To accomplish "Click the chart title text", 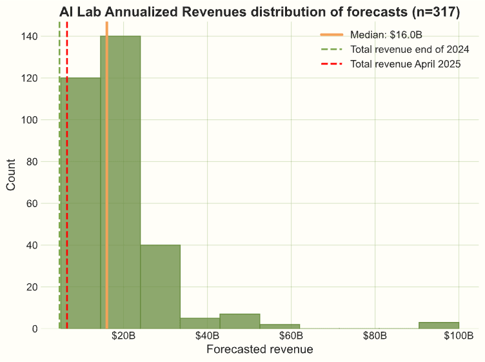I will click(x=259, y=12).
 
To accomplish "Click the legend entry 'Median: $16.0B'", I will click(x=386, y=35).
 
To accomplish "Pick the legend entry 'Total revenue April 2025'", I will click(x=404, y=64).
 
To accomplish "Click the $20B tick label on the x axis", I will click(x=123, y=336).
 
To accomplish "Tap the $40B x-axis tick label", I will click(x=207, y=336).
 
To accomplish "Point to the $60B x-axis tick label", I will click(x=291, y=336).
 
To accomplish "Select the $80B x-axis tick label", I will click(x=375, y=336).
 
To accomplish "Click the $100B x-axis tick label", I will click(x=459, y=336).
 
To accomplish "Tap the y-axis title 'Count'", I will click(x=12, y=176).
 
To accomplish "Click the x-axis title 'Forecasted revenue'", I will click(x=259, y=350).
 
